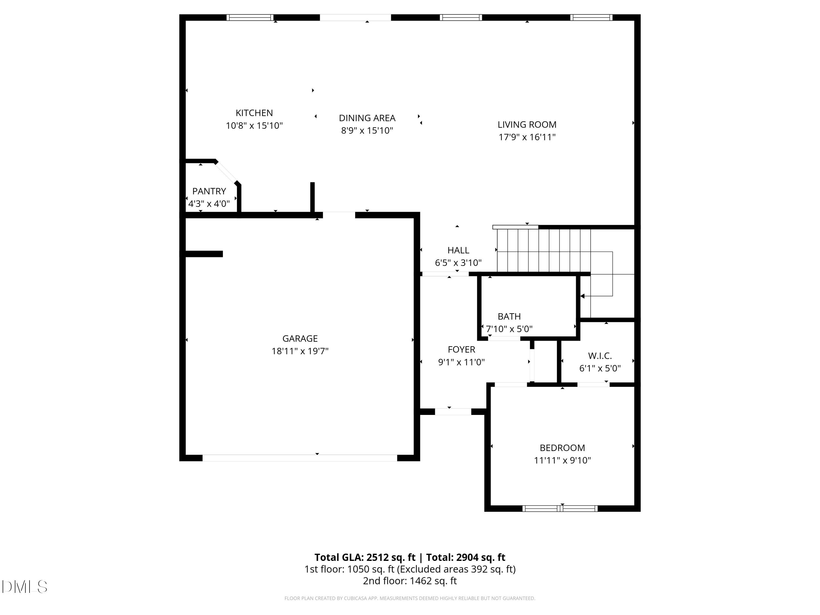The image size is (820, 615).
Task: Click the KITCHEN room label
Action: (254, 113)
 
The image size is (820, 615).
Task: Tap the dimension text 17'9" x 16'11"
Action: (527, 137)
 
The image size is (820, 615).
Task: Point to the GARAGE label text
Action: (300, 338)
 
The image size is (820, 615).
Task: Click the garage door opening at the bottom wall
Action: (300, 458)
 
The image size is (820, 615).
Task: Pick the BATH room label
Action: (509, 316)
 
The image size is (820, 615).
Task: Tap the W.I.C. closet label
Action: (600, 356)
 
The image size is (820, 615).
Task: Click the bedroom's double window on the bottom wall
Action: (560, 509)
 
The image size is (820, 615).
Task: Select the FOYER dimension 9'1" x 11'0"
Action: (461, 362)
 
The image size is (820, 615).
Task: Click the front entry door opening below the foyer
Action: (453, 411)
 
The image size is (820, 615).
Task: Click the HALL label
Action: (458, 250)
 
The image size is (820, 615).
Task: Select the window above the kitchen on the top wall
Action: (250, 17)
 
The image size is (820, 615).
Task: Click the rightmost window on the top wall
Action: (591, 17)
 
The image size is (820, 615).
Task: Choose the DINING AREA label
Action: (367, 118)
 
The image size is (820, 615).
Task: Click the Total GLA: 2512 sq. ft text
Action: (365, 557)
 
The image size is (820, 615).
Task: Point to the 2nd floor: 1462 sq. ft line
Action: (410, 581)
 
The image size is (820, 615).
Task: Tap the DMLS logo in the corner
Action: (25, 587)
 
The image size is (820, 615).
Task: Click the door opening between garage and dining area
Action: (339, 215)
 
